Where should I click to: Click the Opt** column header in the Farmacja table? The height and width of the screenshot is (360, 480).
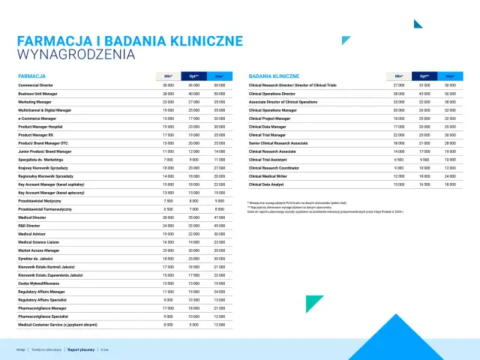tap(193, 76)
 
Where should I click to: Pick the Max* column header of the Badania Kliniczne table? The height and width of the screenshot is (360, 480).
tap(450, 76)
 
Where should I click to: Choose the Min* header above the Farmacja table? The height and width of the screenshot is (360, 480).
tap(168, 76)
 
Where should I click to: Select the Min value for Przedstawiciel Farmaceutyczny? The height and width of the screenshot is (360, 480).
tap(168, 209)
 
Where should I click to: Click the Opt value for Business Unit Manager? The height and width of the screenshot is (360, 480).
tap(193, 94)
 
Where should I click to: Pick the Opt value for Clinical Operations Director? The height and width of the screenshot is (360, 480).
tap(424, 94)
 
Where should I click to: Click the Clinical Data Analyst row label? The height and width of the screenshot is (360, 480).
tap(267, 184)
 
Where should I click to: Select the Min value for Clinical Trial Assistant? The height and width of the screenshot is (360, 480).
tap(399, 159)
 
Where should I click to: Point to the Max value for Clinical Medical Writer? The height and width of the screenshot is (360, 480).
tap(450, 175)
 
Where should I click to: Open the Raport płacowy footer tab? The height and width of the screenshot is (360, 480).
tap(81, 349)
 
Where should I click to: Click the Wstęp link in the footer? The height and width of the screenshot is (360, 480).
tap(21, 349)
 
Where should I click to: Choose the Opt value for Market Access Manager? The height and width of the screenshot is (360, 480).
tap(193, 249)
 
